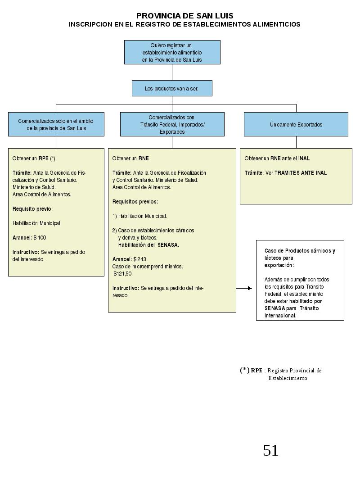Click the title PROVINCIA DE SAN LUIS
click(184, 16)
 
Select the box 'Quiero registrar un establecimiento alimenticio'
click(172, 52)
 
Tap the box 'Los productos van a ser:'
click(172, 88)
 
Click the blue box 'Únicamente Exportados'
click(296, 124)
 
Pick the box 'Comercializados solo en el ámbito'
click(56, 124)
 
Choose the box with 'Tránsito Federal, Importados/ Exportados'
click(172, 124)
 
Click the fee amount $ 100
click(40, 238)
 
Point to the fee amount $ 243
click(140, 259)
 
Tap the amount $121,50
click(122, 274)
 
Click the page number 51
click(271, 450)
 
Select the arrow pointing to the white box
click(244, 288)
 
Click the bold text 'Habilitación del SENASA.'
click(148, 245)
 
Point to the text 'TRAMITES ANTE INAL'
click(301, 173)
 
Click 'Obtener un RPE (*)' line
click(34, 158)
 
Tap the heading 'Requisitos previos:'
click(135, 202)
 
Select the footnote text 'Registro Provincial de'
click(295, 371)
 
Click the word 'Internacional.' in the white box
click(280, 316)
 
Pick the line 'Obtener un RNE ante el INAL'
click(277, 158)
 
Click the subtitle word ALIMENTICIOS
click(276, 24)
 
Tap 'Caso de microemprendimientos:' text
click(148, 267)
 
